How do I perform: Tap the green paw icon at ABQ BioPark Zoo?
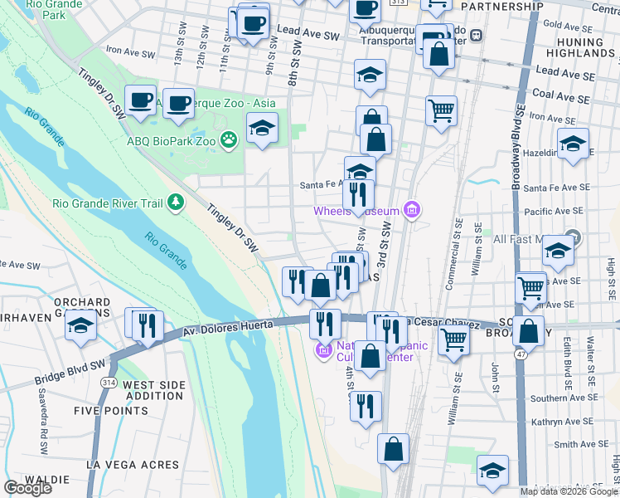pos(229,141)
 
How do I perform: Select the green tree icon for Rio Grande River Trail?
pos(175,202)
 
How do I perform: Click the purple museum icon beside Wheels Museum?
pos(411,211)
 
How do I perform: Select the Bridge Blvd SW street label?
pos(70,372)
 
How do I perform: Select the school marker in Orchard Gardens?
pos(80,325)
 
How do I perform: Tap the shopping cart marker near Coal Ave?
pos(441,109)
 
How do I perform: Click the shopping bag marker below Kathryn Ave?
pos(394,448)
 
